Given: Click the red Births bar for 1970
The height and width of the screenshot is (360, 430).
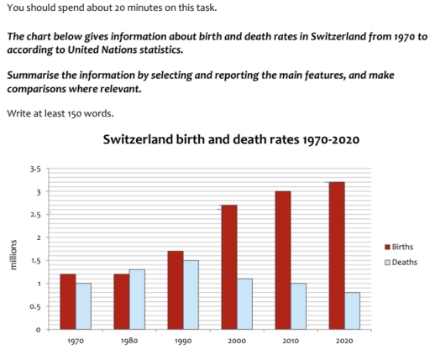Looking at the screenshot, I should click(67, 301).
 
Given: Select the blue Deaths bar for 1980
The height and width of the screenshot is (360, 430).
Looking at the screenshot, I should click(136, 299).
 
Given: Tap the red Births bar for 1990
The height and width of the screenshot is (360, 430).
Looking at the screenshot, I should click(174, 290).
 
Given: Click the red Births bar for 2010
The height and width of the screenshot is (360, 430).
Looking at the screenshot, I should click(283, 260).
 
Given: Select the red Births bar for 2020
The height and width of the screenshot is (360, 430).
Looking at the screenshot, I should click(336, 255).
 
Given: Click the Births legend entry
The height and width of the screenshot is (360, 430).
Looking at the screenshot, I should click(401, 248).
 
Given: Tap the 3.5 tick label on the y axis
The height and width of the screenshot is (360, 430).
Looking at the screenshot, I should click(36, 170).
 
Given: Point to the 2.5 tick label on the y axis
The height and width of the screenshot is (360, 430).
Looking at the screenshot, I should click(36, 216).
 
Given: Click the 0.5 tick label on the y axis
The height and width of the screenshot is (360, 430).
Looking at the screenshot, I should click(36, 306).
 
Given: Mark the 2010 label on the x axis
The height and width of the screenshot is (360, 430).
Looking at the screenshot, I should click(290, 342).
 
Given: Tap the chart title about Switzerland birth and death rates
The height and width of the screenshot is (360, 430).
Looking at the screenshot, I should click(230, 139).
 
